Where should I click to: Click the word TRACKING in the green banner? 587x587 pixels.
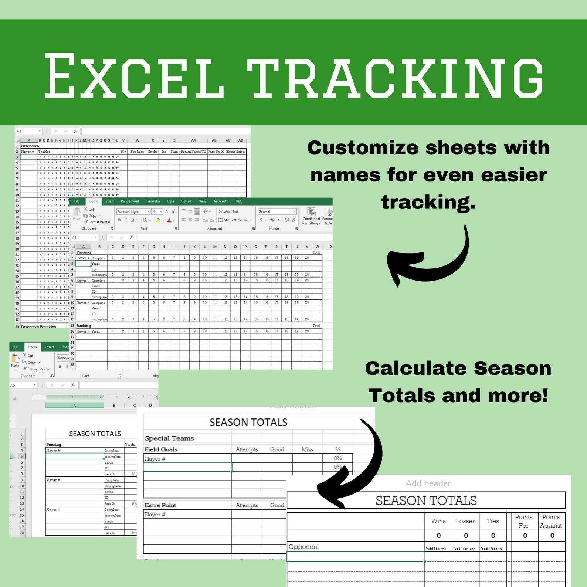pyautogui.click(x=396, y=77)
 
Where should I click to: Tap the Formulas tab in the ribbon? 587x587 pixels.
pyautogui.click(x=153, y=201)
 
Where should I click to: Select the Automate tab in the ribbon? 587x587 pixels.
pyautogui.click(x=221, y=201)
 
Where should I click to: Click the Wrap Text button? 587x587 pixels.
pyautogui.click(x=228, y=212)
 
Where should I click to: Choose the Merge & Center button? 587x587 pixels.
pyautogui.click(x=235, y=220)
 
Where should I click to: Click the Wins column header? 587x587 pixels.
pyautogui.click(x=438, y=521)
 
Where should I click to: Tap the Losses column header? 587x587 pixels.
pyautogui.click(x=465, y=521)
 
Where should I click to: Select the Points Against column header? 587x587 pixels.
pyautogui.click(x=551, y=521)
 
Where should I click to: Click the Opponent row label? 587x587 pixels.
pyautogui.click(x=303, y=547)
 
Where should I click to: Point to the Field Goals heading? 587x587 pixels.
pyautogui.click(x=161, y=449)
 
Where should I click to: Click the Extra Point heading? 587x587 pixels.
pyautogui.click(x=160, y=505)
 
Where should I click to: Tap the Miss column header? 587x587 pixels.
pyautogui.click(x=307, y=449)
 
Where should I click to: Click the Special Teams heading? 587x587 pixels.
pyautogui.click(x=169, y=438)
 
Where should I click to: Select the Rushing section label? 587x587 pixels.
pyautogui.click(x=84, y=326)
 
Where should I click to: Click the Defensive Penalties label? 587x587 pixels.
pyautogui.click(x=38, y=327)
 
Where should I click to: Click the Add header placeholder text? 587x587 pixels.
pyautogui.click(x=428, y=483)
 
